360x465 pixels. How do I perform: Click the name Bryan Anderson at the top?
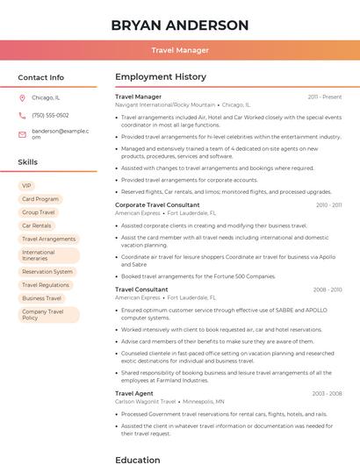click(x=179, y=25)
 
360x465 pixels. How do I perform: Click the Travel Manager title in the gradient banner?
click(x=179, y=50)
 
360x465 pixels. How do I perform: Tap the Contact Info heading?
click(x=40, y=77)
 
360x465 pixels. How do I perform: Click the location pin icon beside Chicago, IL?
click(x=22, y=97)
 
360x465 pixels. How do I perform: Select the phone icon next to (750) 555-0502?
click(x=22, y=115)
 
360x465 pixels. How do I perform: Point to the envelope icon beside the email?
click(x=22, y=133)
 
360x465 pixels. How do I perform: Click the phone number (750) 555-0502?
click(x=50, y=115)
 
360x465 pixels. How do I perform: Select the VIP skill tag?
click(x=26, y=186)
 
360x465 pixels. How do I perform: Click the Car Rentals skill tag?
click(x=37, y=225)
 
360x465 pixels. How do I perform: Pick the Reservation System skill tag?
click(x=47, y=272)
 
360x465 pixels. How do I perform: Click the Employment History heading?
click(x=160, y=77)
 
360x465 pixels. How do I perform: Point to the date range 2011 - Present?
click(x=325, y=97)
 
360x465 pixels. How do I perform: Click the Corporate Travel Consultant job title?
click(x=157, y=204)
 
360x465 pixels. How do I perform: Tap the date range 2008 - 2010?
click(x=328, y=289)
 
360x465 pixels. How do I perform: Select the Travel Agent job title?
click(x=133, y=393)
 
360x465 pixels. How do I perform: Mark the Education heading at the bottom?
click(x=137, y=459)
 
